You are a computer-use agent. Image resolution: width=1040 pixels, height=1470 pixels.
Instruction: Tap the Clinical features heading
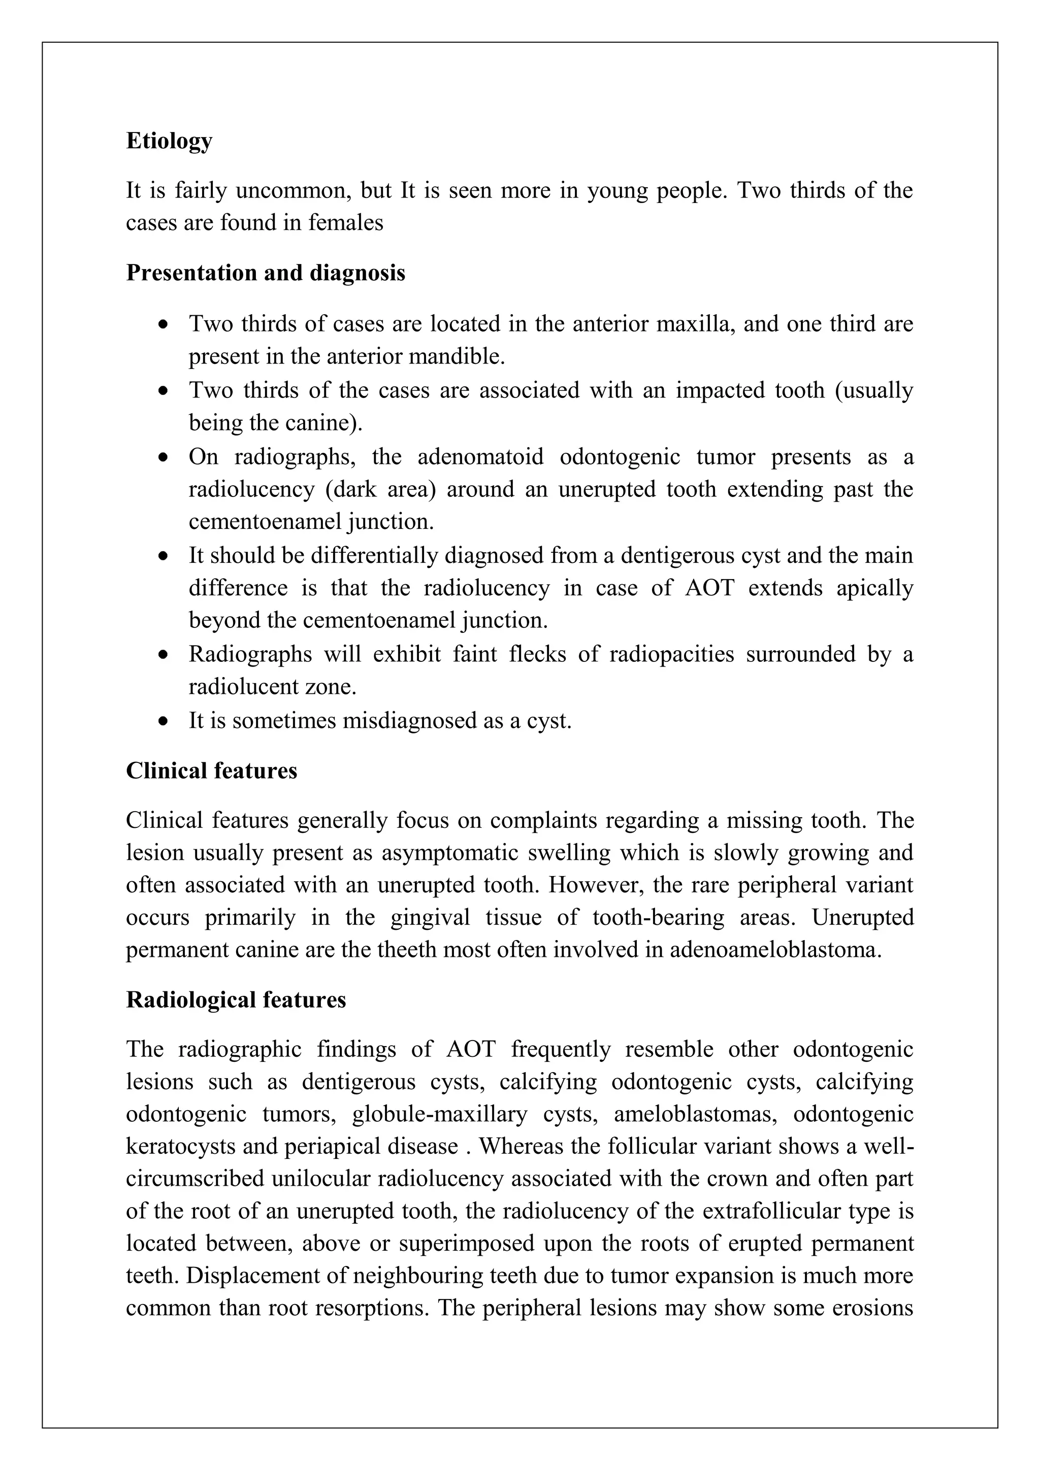211,770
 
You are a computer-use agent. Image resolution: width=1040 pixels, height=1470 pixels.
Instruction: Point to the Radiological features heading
236,999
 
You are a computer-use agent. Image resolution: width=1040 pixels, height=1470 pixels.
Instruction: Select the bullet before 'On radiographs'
165,458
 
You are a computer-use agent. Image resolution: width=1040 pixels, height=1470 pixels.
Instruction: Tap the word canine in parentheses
329,423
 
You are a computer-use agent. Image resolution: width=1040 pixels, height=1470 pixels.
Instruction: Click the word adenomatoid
480,457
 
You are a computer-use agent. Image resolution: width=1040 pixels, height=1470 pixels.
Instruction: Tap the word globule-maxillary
439,1115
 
